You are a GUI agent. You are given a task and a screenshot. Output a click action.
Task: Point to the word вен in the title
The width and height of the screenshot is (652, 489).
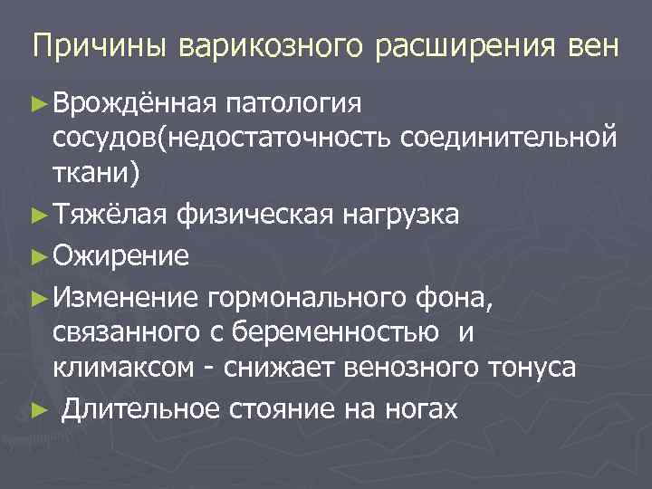pyautogui.click(x=594, y=46)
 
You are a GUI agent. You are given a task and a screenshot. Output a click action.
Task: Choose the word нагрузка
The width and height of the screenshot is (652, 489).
pyautogui.click(x=401, y=215)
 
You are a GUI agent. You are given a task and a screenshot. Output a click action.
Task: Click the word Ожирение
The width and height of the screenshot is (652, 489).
pyautogui.click(x=120, y=256)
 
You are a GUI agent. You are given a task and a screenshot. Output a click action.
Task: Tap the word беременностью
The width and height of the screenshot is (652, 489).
pyautogui.click(x=344, y=332)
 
